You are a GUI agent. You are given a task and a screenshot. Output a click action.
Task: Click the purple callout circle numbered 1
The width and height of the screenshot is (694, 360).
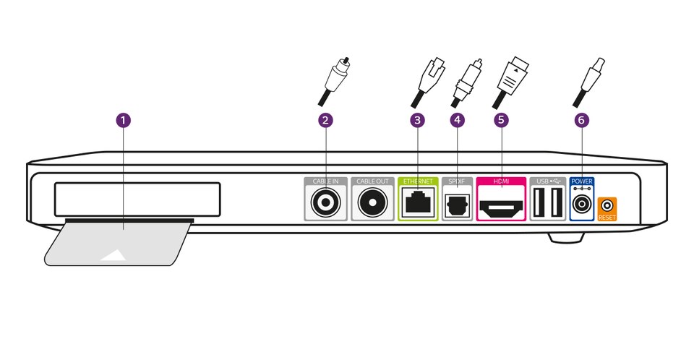pyautogui.click(x=124, y=121)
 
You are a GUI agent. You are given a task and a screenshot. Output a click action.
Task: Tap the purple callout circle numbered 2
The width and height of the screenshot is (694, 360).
pyautogui.click(x=325, y=121)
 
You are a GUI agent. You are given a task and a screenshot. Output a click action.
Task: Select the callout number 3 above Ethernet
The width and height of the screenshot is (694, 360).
pyautogui.click(x=416, y=121)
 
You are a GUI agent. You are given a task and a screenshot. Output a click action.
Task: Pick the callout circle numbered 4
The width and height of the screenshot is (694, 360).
pyautogui.click(x=456, y=121)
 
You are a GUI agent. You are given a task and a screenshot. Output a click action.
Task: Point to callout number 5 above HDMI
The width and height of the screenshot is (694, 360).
pyautogui.click(x=501, y=121)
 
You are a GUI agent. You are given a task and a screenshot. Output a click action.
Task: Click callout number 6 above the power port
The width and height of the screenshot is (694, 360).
pyautogui.click(x=581, y=121)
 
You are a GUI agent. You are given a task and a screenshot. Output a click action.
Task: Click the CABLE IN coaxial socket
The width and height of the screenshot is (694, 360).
pyautogui.click(x=325, y=203)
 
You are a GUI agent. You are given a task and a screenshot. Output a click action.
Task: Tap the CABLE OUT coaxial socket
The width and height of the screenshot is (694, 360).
pyautogui.click(x=374, y=203)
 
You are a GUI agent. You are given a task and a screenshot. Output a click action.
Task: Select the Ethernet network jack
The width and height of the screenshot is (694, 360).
pyautogui.click(x=418, y=202)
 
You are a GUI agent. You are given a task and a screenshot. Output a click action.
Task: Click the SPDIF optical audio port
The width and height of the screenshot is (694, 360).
pyautogui.click(x=457, y=204)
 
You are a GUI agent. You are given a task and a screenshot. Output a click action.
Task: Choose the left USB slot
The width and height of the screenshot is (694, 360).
pyautogui.click(x=539, y=203)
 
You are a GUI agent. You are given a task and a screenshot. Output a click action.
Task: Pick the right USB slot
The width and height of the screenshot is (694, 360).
pyautogui.click(x=556, y=203)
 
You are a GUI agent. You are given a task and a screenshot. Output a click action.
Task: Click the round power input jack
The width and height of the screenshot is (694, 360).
pyautogui.click(x=581, y=205)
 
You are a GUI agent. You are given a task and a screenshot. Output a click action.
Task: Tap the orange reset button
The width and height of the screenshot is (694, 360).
pyautogui.click(x=608, y=206)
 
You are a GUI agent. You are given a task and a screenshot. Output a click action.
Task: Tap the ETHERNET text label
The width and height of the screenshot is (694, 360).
pyautogui.click(x=418, y=181)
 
